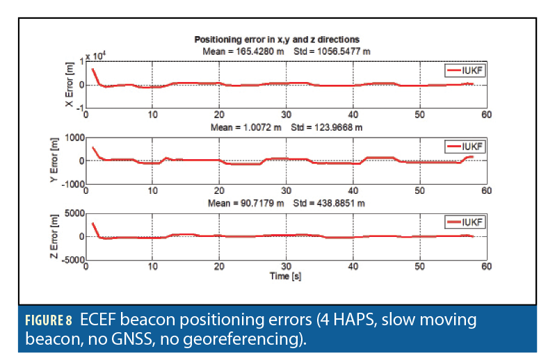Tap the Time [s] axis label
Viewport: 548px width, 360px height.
285,276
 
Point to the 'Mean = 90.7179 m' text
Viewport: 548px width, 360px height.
243,203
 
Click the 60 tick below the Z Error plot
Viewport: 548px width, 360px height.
486,267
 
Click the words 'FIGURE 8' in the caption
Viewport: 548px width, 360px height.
49,321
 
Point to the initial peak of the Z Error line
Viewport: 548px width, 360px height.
92,223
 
